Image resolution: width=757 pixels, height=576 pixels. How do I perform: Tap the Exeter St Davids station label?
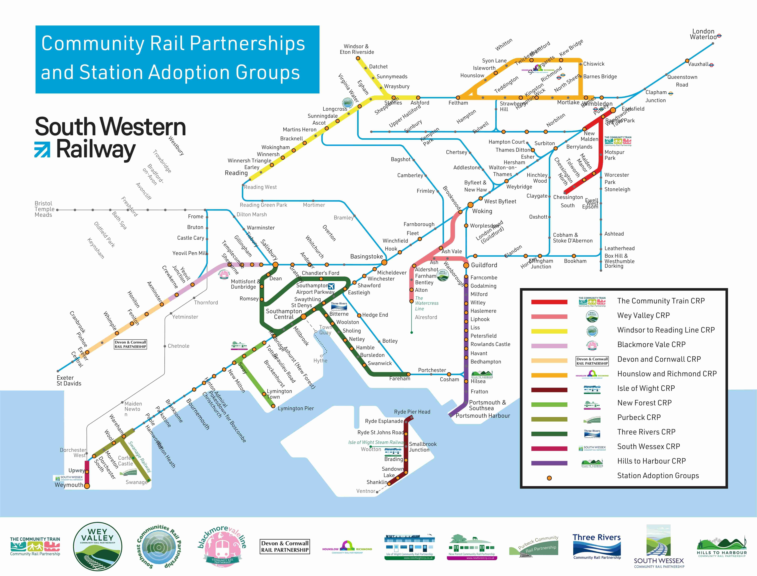pyautogui.click(x=69, y=381)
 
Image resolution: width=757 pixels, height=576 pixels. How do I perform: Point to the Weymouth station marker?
pyautogui.click(x=87, y=486)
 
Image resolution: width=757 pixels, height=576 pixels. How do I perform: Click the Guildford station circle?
pyautogui.click(x=466, y=265)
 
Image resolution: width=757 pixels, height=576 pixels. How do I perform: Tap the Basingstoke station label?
pyautogui.click(x=366, y=256)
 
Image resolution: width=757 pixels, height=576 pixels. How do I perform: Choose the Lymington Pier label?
pyautogui.click(x=296, y=408)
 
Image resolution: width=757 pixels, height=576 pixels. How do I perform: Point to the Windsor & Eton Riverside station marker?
pyautogui.click(x=358, y=58)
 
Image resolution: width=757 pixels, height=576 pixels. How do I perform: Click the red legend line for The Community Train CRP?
pyautogui.click(x=549, y=302)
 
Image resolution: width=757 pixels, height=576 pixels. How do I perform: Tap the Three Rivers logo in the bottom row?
pyautogui.click(x=597, y=547)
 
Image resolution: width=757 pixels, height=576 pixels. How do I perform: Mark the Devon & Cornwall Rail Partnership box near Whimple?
pyautogui.click(x=131, y=344)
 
